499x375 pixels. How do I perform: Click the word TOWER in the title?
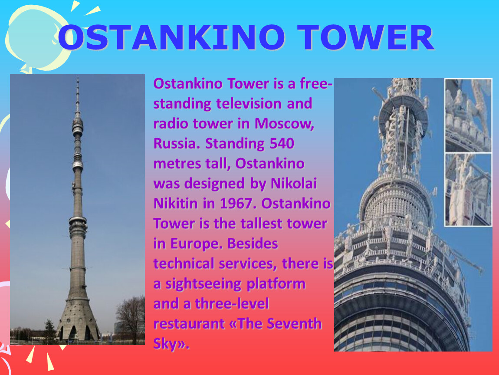(366, 38)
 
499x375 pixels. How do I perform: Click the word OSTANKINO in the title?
(172, 38)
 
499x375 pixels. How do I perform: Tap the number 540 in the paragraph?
(282, 143)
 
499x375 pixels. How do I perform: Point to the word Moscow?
(284, 124)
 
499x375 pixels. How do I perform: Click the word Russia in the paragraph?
(177, 143)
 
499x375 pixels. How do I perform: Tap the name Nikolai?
(294, 183)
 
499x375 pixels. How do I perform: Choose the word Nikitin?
(175, 204)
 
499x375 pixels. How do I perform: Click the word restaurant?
(189, 324)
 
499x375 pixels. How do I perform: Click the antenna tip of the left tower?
(78, 78)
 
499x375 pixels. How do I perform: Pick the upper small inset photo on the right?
(468, 115)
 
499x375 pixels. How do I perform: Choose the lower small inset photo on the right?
(468, 190)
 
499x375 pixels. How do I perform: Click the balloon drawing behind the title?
(36, 38)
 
